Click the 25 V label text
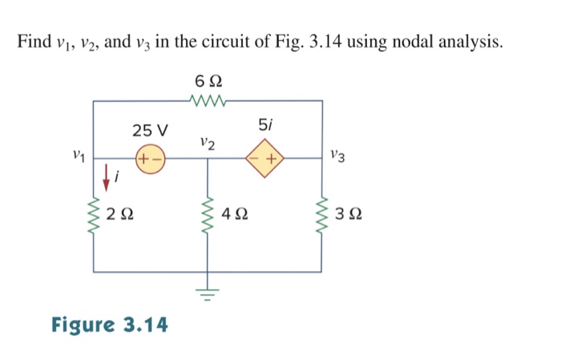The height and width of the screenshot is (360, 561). coord(151,130)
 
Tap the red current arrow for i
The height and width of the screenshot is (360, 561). coord(105,175)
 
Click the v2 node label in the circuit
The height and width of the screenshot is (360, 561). coord(208,144)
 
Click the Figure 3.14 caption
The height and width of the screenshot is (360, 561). coord(110,325)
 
